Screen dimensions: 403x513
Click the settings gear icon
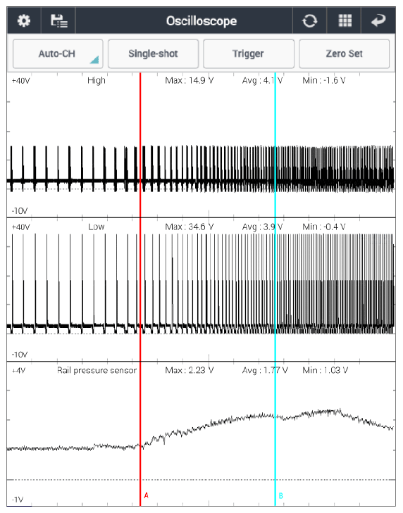click(24, 20)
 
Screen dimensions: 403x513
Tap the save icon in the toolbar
click(59, 20)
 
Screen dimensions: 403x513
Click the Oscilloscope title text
click(201, 21)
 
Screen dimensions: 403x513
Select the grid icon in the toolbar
click(345, 20)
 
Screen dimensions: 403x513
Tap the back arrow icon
click(378, 20)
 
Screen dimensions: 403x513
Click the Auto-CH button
click(58, 53)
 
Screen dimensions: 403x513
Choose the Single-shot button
click(154, 53)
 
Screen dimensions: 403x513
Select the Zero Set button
click(345, 53)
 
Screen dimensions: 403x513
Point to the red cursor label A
click(146, 495)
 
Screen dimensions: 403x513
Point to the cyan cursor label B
click(281, 495)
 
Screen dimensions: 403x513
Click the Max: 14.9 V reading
click(190, 80)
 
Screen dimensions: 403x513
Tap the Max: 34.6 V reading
click(190, 227)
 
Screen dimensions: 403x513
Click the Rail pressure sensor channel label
click(97, 370)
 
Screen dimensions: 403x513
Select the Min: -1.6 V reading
click(323, 80)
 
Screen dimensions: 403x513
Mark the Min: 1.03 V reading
click(325, 370)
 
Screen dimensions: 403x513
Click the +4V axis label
click(19, 371)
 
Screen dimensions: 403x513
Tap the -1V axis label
click(18, 500)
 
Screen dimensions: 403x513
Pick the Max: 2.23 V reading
click(190, 370)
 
